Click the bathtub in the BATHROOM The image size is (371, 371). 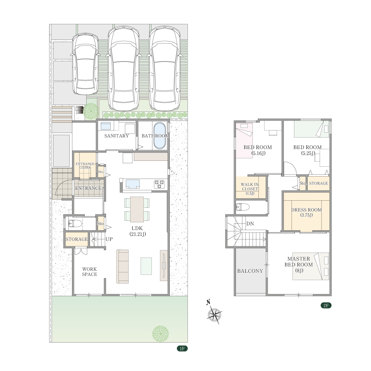coord(160,136)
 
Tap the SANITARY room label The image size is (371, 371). coord(117,136)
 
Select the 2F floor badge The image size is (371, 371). coord(326,305)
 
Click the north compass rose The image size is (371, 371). coord(214,315)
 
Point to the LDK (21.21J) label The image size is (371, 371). coord(137,231)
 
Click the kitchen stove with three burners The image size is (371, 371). coord(159,184)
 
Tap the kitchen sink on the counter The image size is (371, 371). coord(133,184)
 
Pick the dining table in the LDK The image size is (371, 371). coord(137,209)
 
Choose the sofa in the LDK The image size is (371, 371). coord(122,267)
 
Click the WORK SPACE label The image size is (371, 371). coord(90,272)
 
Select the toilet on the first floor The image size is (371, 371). coord(75,223)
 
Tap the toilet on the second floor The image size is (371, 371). coord(243,207)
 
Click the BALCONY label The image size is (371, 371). coord(250,271)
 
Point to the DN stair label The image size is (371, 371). coord(250,224)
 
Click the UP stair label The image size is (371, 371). coord(109,239)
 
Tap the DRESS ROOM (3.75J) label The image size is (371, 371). coord(306,212)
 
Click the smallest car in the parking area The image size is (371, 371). coord(85,64)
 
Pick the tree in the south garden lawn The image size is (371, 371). coord(160,334)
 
